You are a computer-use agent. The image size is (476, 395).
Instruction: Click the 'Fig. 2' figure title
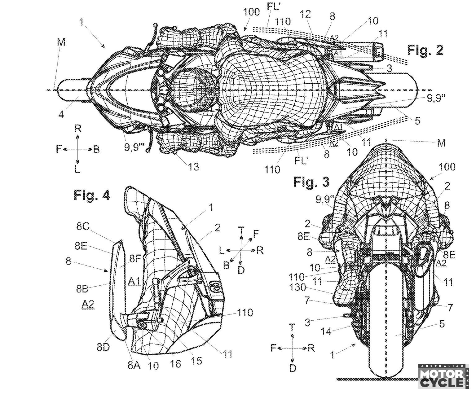[425, 50]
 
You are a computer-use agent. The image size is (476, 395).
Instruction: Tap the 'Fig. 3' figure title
[311, 182]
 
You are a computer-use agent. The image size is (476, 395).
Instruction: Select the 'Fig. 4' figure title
[92, 195]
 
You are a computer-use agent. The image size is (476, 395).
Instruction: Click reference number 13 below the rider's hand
[192, 166]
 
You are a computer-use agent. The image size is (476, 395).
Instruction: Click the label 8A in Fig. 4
[134, 366]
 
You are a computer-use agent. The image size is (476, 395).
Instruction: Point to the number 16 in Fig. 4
[176, 363]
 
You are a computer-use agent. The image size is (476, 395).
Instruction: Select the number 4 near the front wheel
[61, 115]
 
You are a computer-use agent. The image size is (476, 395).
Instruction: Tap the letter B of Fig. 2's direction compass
[97, 149]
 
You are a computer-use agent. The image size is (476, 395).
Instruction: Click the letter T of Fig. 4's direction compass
[241, 230]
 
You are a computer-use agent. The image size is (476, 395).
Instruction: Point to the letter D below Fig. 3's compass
[293, 368]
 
